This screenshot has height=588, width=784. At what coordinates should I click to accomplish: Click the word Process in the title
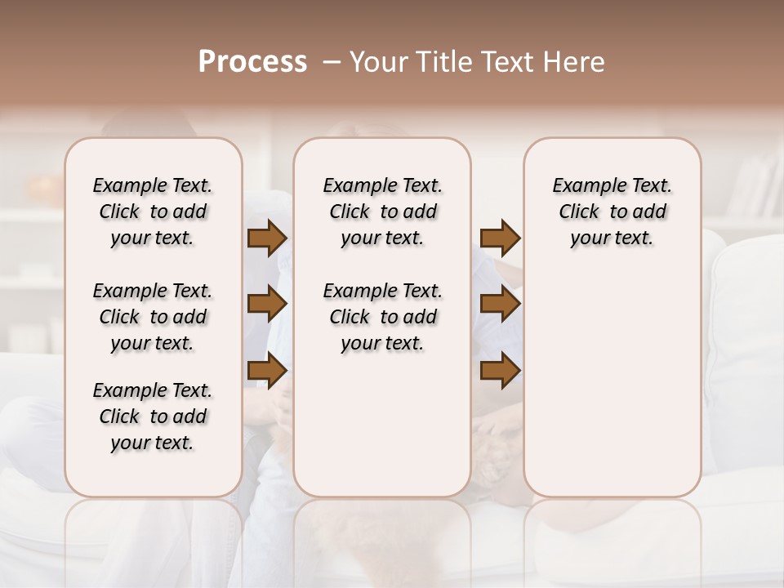click(x=252, y=61)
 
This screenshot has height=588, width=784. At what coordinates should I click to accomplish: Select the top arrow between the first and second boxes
click(x=266, y=238)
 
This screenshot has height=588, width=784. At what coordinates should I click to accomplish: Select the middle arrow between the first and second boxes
click(x=266, y=305)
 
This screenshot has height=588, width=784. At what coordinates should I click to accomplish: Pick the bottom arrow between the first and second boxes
click(x=266, y=371)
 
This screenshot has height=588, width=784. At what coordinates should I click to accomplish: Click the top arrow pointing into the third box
click(x=500, y=238)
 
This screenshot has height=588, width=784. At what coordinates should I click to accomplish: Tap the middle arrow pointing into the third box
click(x=500, y=305)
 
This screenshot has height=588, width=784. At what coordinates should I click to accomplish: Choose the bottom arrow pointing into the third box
click(x=500, y=371)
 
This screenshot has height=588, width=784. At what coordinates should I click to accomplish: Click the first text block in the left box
click(x=153, y=212)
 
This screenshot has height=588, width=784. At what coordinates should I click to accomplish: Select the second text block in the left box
click(x=153, y=317)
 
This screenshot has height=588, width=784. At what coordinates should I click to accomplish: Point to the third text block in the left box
click(x=153, y=416)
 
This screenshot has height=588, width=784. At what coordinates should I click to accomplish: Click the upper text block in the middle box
click(x=382, y=212)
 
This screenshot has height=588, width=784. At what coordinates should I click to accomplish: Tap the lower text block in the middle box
click(x=382, y=317)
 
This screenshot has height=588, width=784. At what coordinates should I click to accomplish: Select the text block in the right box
click(x=612, y=212)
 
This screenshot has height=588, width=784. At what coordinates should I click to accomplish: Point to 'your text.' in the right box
click(x=612, y=238)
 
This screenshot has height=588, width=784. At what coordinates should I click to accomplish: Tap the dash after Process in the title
click(x=332, y=62)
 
